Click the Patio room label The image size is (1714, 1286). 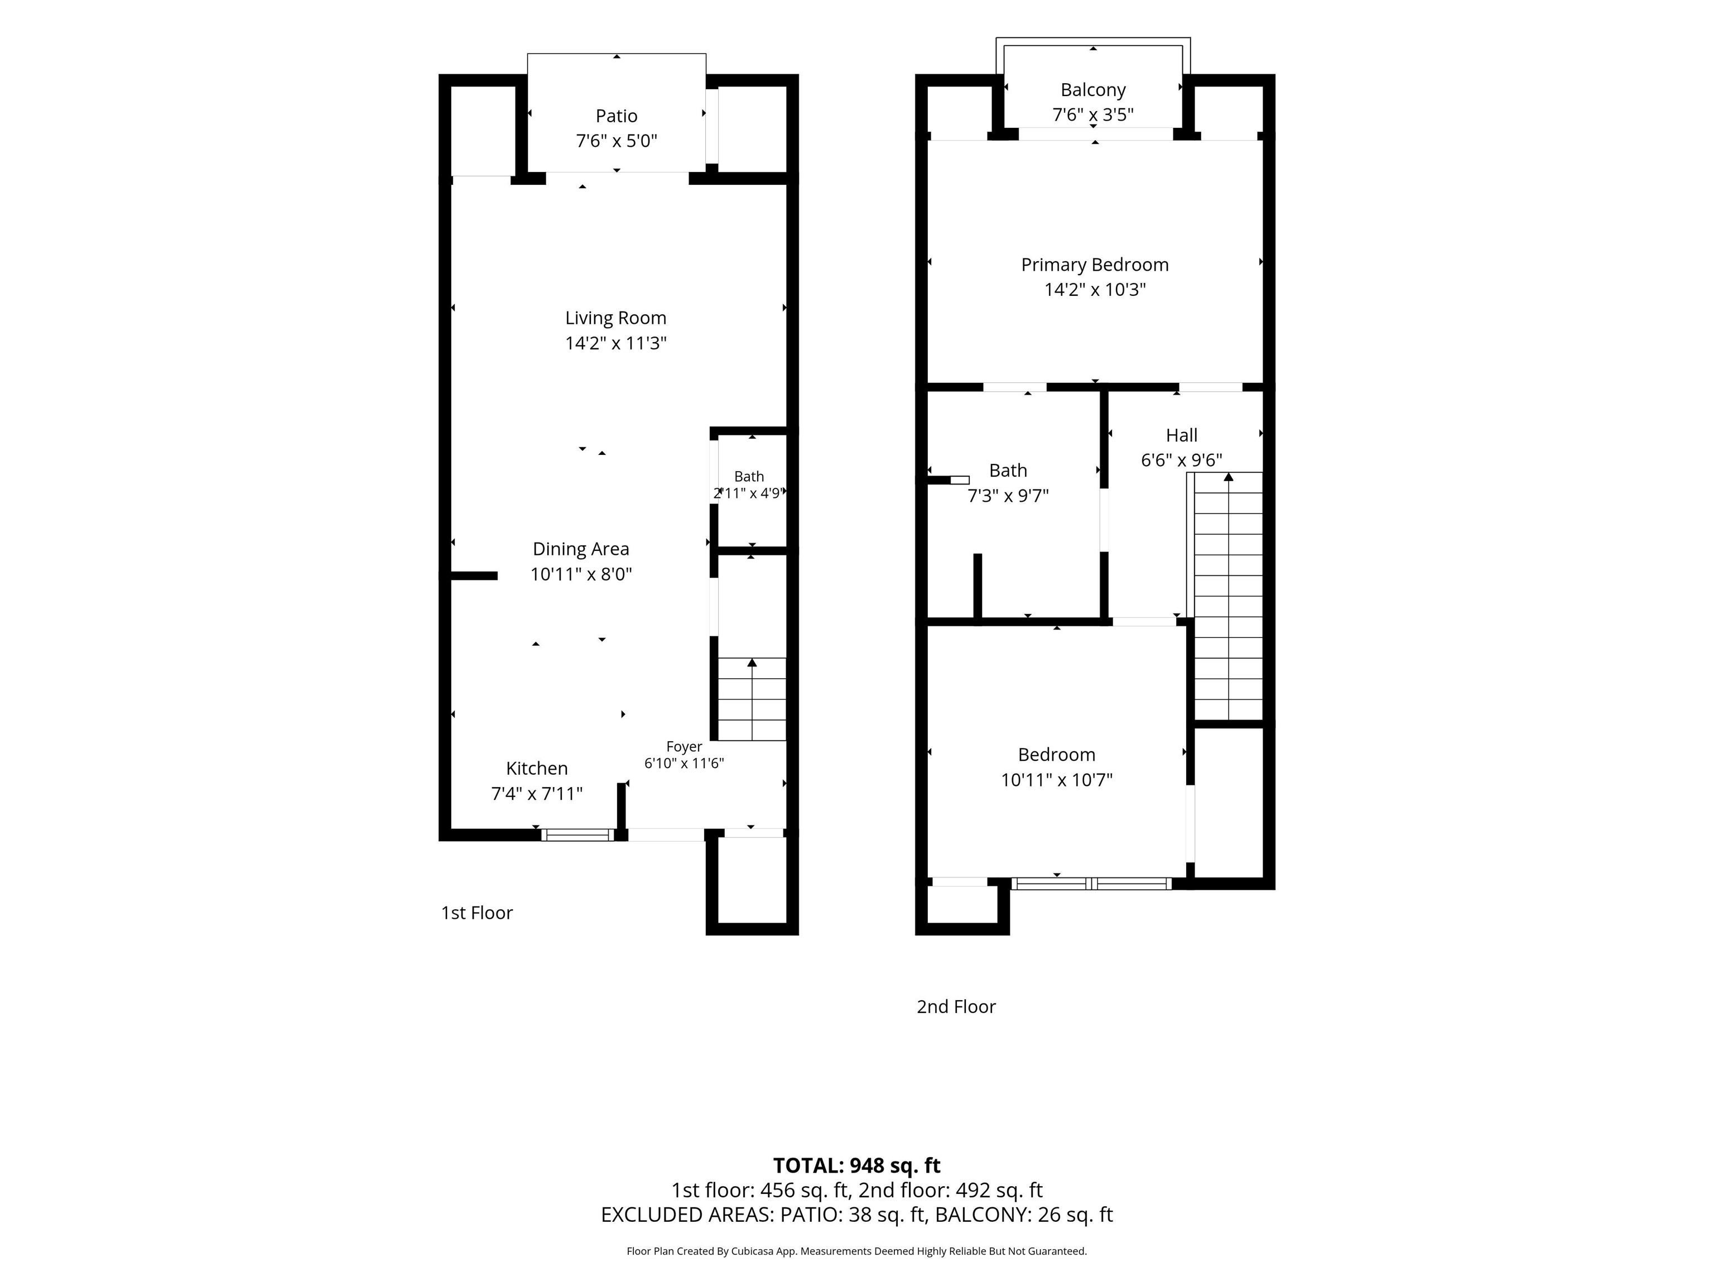[616, 116]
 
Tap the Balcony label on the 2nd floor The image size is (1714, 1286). [1092, 90]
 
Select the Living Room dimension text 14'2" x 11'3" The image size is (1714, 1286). [616, 343]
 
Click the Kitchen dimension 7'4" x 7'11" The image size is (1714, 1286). [537, 794]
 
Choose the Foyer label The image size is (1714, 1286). [684, 746]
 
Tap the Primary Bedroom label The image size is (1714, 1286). [1095, 265]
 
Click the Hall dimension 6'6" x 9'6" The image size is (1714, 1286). [1182, 460]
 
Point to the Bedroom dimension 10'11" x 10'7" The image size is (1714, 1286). [1057, 780]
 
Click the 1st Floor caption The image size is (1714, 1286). [476, 913]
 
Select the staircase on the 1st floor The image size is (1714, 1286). [752, 699]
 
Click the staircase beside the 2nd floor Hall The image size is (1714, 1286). [1228, 596]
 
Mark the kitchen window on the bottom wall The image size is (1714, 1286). [577, 835]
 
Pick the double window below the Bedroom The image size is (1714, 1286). [1092, 883]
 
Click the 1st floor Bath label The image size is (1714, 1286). [749, 477]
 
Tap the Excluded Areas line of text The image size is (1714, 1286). [857, 1215]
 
